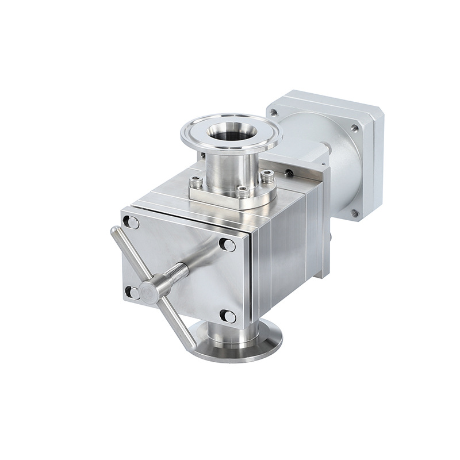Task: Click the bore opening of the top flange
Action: pyautogui.click(x=229, y=132)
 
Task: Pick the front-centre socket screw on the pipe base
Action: pyautogui.click(x=243, y=191)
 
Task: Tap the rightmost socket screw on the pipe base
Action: pyautogui.click(x=266, y=174)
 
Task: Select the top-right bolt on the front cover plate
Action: pyautogui.click(x=228, y=245)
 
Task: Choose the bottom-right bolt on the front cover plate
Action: pyautogui.click(x=228, y=316)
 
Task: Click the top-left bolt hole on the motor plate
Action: pyautogui.click(x=275, y=113)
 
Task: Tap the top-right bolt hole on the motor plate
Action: pyautogui.click(x=355, y=129)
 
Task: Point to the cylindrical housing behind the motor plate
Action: pyautogui.click(x=339, y=172)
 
